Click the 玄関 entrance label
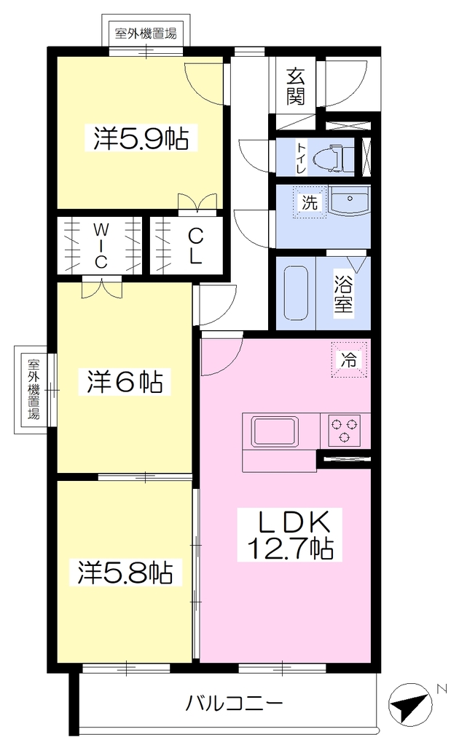295,87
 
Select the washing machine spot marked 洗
309,202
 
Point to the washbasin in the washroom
350,202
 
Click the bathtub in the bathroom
297,292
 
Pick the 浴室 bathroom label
343,294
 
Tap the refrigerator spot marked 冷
349,359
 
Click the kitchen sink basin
275,431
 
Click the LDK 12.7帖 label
290,535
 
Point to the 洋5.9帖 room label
141,138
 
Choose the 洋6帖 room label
125,381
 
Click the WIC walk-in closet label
100,245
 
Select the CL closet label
195,246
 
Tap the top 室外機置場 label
146,33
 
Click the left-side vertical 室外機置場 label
33,389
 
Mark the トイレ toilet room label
302,157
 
